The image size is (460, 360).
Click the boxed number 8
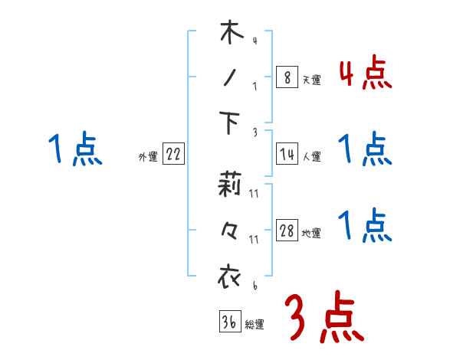(287, 77)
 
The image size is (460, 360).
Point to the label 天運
(311, 80)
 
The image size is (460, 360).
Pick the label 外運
(148, 157)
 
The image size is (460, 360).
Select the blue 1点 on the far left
(75, 149)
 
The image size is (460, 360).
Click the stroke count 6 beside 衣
(254, 286)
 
